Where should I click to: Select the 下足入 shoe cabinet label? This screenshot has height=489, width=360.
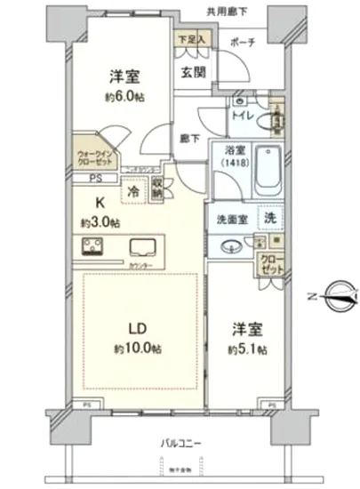(x=190, y=40)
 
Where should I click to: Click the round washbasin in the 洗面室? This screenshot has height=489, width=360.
(x=230, y=246)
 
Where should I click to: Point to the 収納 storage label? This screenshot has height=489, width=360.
(x=156, y=189)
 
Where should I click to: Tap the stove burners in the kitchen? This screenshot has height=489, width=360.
(x=93, y=247)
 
